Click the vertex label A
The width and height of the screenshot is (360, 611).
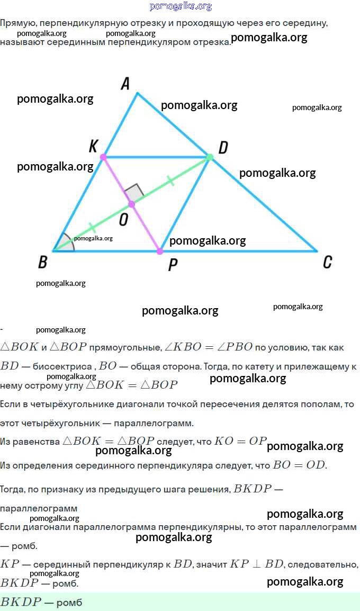coord(125,83)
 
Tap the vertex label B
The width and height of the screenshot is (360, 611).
coord(42,262)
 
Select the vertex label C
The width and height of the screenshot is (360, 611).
coord(327,262)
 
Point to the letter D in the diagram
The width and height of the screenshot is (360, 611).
coord(223,148)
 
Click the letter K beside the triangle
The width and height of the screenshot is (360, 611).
coord(93,147)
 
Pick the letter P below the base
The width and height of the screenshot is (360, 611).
coord(173,265)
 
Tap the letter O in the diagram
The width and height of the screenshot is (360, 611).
coord(123,220)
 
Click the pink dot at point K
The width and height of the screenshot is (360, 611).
coord(103,157)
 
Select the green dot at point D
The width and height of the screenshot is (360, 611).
coord(210,157)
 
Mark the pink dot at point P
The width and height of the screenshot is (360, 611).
coord(159,251)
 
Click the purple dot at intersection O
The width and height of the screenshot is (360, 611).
coord(132,204)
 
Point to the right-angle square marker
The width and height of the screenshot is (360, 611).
coord(134,193)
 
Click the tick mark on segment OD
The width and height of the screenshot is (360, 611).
coord(170,181)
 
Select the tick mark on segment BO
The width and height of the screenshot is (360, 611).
coord(92,228)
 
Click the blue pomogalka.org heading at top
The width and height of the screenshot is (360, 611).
coord(181,6)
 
